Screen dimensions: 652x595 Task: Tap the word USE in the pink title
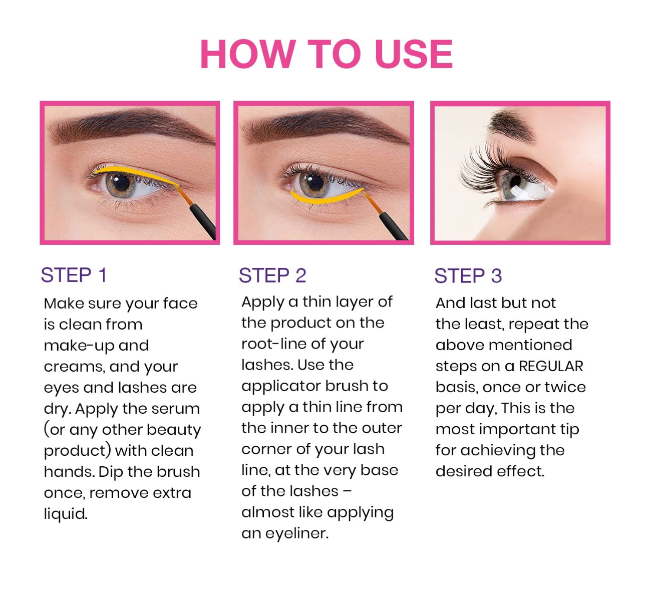click(414, 54)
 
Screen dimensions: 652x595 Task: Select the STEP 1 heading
click(74, 275)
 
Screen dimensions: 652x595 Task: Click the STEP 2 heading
click(272, 275)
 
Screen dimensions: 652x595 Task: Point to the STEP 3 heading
click(468, 276)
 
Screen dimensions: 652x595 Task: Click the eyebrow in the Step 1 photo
click(130, 126)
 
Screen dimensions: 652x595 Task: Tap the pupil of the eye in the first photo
click(122, 183)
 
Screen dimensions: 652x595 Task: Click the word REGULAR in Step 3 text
click(551, 366)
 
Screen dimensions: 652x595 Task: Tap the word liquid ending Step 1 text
click(66, 514)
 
